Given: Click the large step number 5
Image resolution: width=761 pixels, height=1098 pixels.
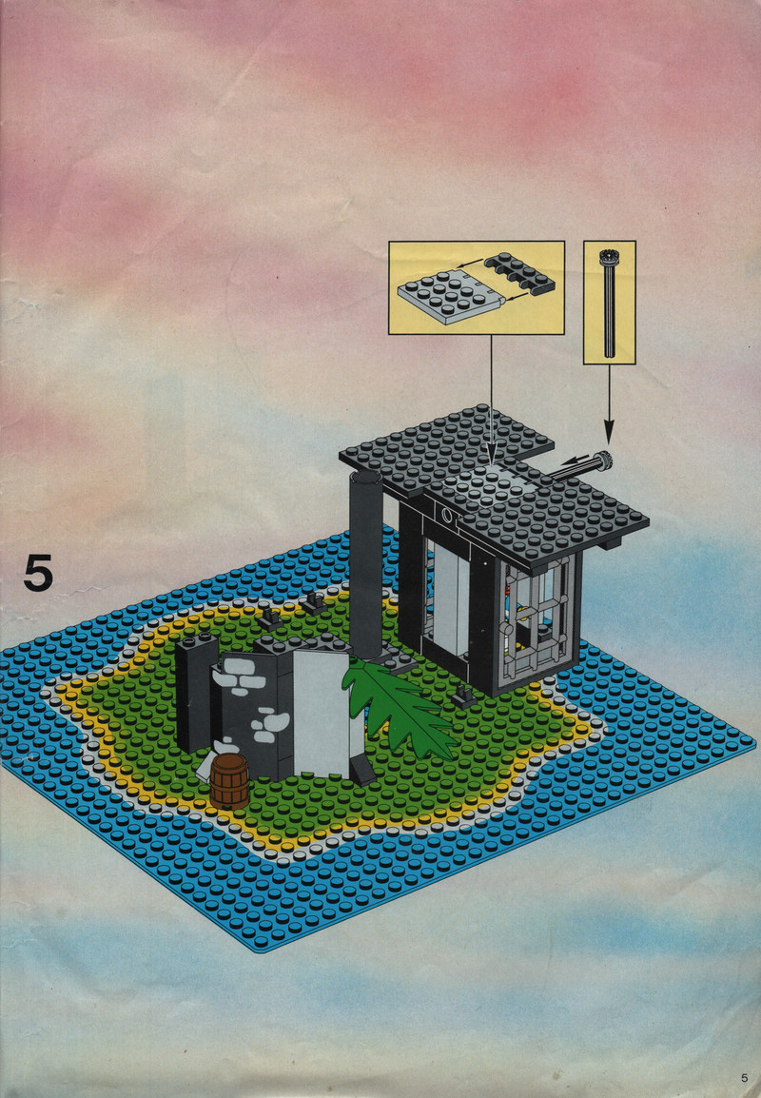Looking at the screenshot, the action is coord(38,572).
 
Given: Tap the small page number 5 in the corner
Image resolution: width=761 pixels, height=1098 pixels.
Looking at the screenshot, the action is coord(744,1078).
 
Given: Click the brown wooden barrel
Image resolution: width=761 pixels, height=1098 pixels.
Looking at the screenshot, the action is coord(229,781).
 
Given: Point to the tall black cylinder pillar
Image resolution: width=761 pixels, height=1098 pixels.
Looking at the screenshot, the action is coord(365,563).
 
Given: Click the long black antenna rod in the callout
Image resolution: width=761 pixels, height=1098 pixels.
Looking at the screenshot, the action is coord(609,303).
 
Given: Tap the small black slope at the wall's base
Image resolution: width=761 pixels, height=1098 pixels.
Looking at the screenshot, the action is coord(361,770).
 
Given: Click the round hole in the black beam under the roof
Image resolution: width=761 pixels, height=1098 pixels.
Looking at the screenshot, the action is coord(447,517).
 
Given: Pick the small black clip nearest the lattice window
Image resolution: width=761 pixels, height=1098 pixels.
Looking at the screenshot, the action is coord(463,696).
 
